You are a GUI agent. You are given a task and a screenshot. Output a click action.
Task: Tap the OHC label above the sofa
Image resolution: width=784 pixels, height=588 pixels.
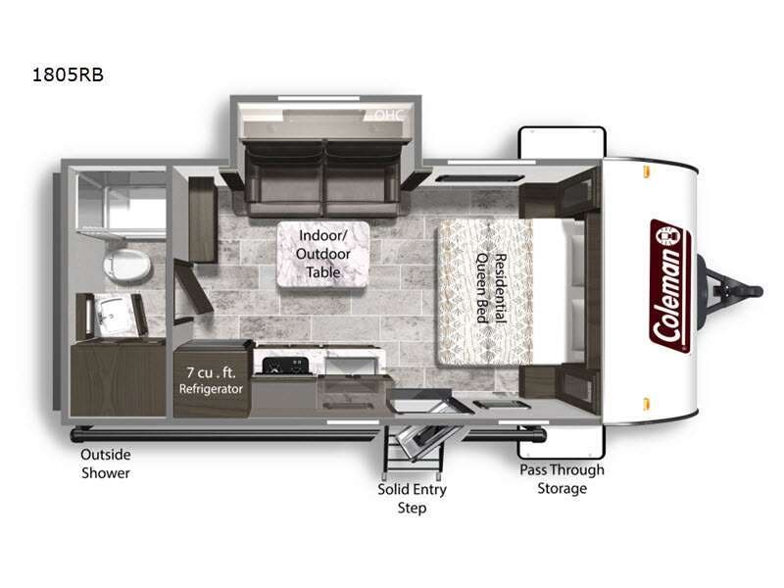pyautogui.click(x=389, y=116)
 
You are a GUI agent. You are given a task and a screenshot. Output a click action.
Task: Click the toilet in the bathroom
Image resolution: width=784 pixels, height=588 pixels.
pyautogui.click(x=124, y=263)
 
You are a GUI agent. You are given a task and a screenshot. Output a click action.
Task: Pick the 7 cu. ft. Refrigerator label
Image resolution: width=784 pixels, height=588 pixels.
pyautogui.click(x=211, y=379)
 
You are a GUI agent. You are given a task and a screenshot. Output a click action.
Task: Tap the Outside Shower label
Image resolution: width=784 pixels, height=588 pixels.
pyautogui.click(x=106, y=464)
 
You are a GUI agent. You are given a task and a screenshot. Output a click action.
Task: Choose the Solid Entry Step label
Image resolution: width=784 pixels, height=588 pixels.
pyautogui.click(x=412, y=498)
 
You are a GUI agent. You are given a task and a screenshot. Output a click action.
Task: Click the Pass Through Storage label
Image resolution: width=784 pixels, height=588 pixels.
pyautogui.click(x=562, y=478)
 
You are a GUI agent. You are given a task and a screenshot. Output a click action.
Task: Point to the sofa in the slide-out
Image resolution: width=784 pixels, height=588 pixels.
pyautogui.click(x=324, y=176)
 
